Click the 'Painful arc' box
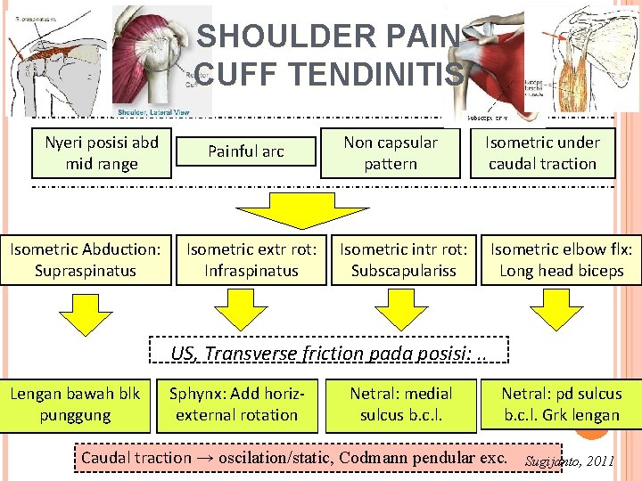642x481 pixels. click(246, 152)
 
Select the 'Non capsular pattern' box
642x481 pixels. click(391, 153)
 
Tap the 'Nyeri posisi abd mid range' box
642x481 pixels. click(102, 153)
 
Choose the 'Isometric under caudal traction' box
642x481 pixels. click(542, 153)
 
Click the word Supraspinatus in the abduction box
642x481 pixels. click(86, 271)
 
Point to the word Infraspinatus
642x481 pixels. click(251, 271)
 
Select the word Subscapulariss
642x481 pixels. click(403, 271)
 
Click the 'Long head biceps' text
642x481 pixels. click(562, 271)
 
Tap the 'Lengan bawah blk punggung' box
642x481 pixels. click(75, 404)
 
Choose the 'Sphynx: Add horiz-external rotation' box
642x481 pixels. click(236, 404)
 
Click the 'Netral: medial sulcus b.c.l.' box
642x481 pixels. click(401, 404)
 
